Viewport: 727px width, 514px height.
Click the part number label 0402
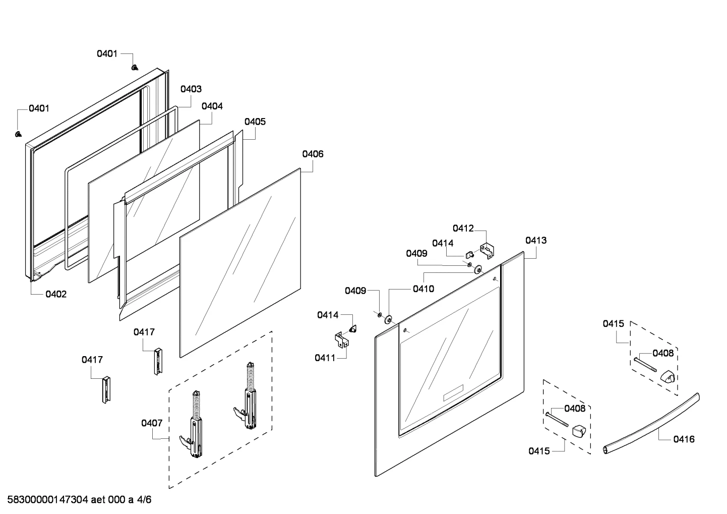[56, 294]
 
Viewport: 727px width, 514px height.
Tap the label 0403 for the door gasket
[191, 89]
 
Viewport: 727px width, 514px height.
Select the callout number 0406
[313, 154]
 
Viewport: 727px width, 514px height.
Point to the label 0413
[536, 241]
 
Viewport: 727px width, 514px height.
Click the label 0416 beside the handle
[684, 439]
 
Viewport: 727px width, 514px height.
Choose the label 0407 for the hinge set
[152, 423]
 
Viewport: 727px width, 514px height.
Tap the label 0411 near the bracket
[325, 358]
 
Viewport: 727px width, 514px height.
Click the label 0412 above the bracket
[463, 229]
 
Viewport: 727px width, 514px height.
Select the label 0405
[255, 122]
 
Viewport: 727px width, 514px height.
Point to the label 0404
[212, 106]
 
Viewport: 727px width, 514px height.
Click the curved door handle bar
[651, 424]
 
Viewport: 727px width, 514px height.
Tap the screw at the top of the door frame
[135, 67]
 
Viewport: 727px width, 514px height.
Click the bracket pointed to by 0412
[487, 251]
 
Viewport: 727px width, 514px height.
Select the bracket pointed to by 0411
[342, 339]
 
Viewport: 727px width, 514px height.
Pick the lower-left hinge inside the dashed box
[194, 425]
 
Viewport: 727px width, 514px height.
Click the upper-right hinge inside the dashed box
[248, 396]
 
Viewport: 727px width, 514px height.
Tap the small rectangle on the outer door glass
[453, 392]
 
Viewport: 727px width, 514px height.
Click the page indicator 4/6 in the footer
[144, 499]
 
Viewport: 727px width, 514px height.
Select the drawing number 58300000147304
[48, 499]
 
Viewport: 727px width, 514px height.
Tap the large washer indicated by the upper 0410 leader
[478, 269]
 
